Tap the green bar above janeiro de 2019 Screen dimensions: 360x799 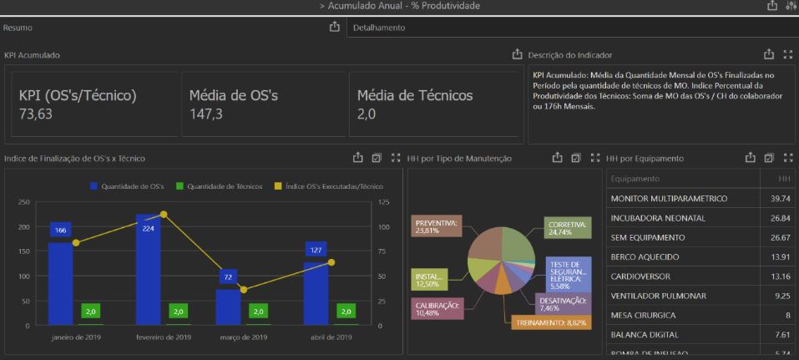click(x=91, y=312)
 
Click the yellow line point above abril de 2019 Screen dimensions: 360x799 click(x=331, y=262)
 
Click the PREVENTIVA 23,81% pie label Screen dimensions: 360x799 click(x=437, y=227)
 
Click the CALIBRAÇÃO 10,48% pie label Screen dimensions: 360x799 click(x=437, y=309)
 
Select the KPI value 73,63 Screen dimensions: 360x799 click(x=36, y=114)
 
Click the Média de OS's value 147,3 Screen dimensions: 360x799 click(x=206, y=114)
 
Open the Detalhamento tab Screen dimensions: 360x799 click(x=379, y=28)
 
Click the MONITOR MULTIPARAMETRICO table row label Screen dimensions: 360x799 click(x=669, y=199)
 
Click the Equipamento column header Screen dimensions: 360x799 click(x=635, y=179)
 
